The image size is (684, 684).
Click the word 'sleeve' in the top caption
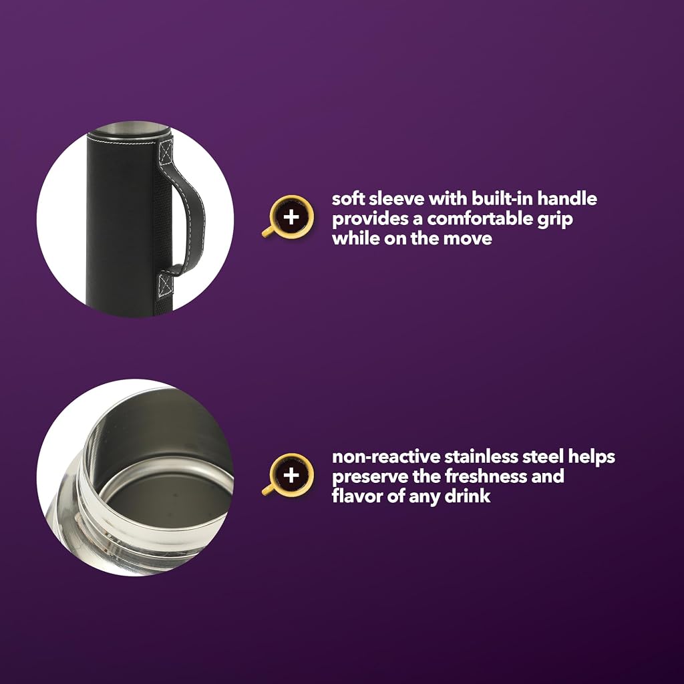click(x=394, y=199)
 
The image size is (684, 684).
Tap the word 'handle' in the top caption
click(x=566, y=199)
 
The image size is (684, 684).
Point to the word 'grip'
click(x=554, y=220)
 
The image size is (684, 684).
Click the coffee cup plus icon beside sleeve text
click(x=289, y=217)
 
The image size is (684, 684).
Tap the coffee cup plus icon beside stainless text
click(x=289, y=475)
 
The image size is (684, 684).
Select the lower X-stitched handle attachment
click(x=166, y=285)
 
